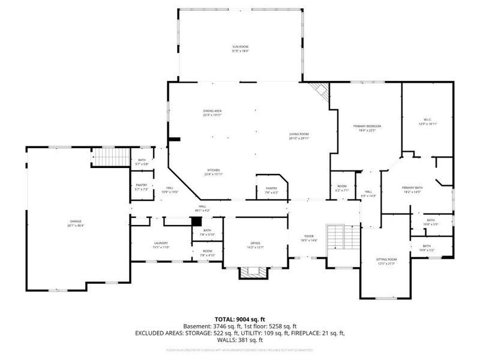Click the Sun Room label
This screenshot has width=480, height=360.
(x=240, y=48)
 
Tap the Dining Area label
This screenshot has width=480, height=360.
(x=212, y=113)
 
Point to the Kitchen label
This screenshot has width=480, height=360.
(x=214, y=172)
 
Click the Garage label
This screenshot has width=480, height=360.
(x=76, y=223)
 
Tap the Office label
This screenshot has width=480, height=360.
(x=256, y=245)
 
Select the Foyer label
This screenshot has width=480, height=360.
(x=309, y=238)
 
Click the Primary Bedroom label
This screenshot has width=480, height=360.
(x=370, y=128)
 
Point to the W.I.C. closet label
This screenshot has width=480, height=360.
(x=427, y=123)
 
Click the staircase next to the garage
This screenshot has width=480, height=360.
(x=110, y=158)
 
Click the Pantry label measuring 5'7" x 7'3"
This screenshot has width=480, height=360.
(x=142, y=187)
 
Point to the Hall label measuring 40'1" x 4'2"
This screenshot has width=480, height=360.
(x=199, y=208)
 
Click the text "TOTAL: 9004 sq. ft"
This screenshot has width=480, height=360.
(x=240, y=319)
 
